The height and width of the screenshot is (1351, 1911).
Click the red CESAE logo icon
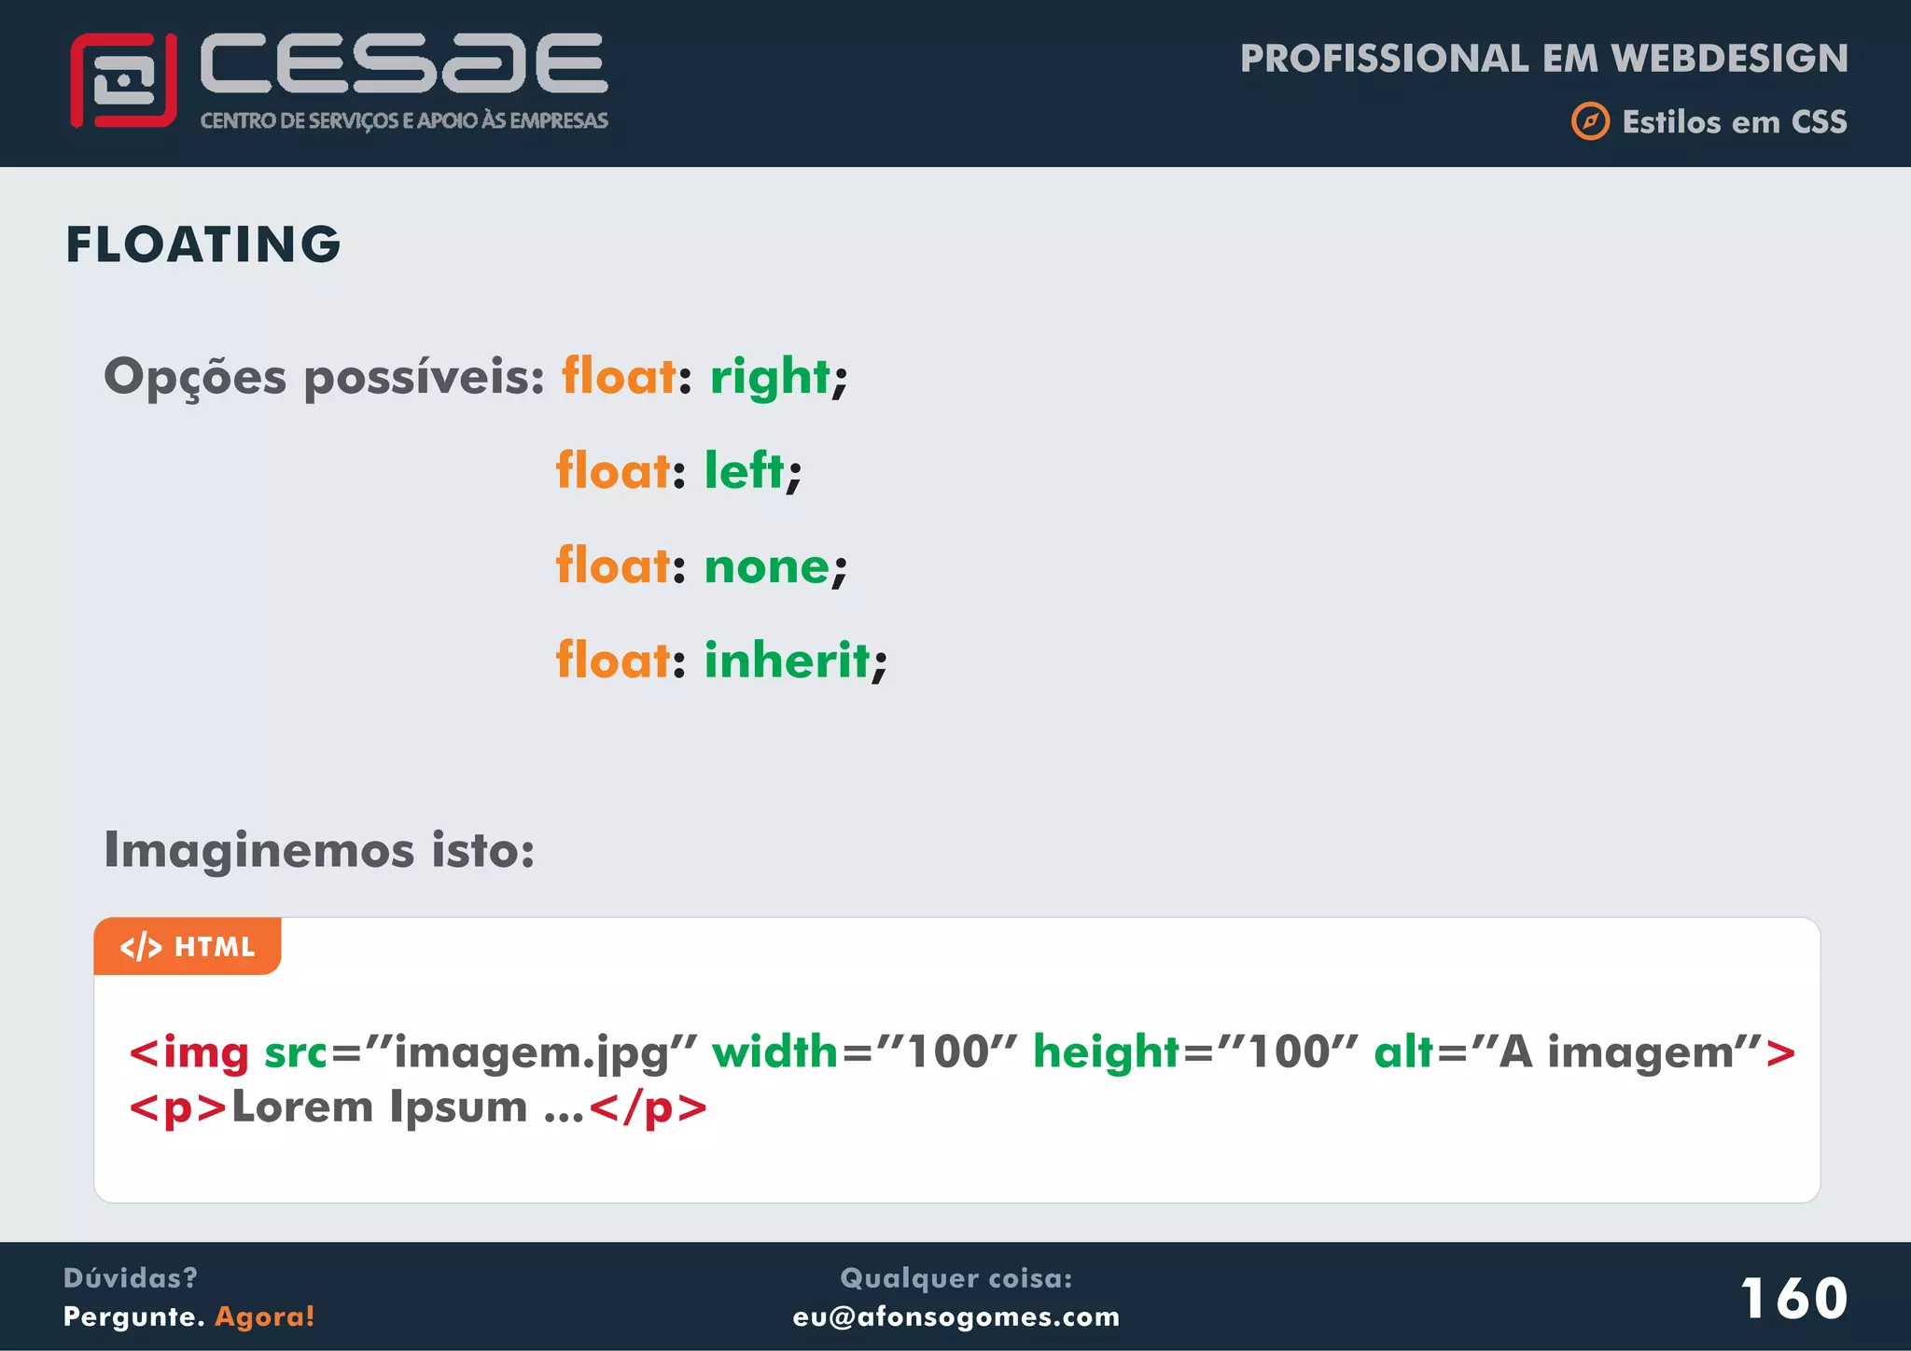click(123, 80)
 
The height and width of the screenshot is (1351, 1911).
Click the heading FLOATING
click(203, 244)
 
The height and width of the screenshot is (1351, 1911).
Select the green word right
click(770, 377)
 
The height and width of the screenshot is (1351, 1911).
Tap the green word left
click(744, 470)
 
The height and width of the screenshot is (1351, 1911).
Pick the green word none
click(766, 566)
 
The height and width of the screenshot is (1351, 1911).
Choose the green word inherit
click(788, 661)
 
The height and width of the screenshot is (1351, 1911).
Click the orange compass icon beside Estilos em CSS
click(1590, 121)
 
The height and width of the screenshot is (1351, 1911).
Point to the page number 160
click(1792, 1298)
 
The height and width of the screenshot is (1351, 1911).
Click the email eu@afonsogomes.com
click(955, 1316)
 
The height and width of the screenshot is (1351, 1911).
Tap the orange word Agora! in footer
click(265, 1316)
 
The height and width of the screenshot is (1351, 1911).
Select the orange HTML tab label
click(188, 947)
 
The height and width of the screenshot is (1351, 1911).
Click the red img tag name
click(205, 1052)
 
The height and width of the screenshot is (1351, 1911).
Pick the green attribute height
click(1106, 1052)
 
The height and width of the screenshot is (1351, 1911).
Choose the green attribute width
click(774, 1052)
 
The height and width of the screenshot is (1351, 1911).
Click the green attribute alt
click(1403, 1052)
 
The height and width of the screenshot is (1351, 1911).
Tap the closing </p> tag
click(649, 1108)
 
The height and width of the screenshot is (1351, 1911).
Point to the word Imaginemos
click(258, 850)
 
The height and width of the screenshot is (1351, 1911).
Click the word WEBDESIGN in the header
click(1729, 58)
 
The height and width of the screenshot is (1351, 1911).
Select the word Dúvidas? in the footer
click(130, 1277)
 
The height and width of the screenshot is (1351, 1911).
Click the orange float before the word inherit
click(612, 661)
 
